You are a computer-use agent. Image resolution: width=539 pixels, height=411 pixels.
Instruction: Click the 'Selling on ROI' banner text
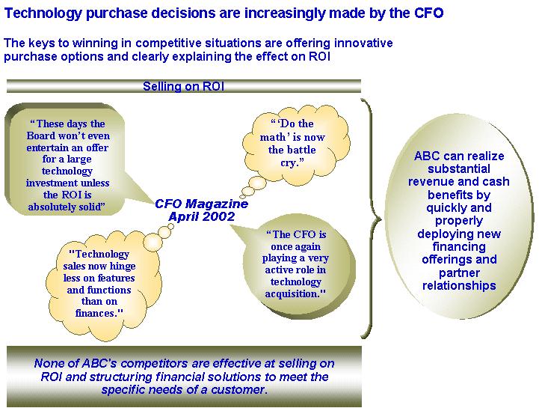point(184,86)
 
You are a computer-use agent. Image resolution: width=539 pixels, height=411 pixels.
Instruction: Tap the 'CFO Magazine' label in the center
point(201,204)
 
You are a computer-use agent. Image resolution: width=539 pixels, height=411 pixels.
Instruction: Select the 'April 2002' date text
point(201,216)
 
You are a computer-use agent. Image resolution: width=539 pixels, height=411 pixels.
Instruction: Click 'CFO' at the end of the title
point(428,13)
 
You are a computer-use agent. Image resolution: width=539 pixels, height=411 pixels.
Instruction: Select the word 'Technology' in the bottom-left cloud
point(99,254)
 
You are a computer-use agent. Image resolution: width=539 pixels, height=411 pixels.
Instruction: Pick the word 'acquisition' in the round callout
point(292,293)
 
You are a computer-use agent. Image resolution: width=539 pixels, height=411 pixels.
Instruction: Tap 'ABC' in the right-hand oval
point(427,156)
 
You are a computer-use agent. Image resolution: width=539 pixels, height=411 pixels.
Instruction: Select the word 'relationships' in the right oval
point(459,285)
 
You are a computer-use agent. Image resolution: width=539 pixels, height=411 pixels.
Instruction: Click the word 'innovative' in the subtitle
point(363,43)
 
